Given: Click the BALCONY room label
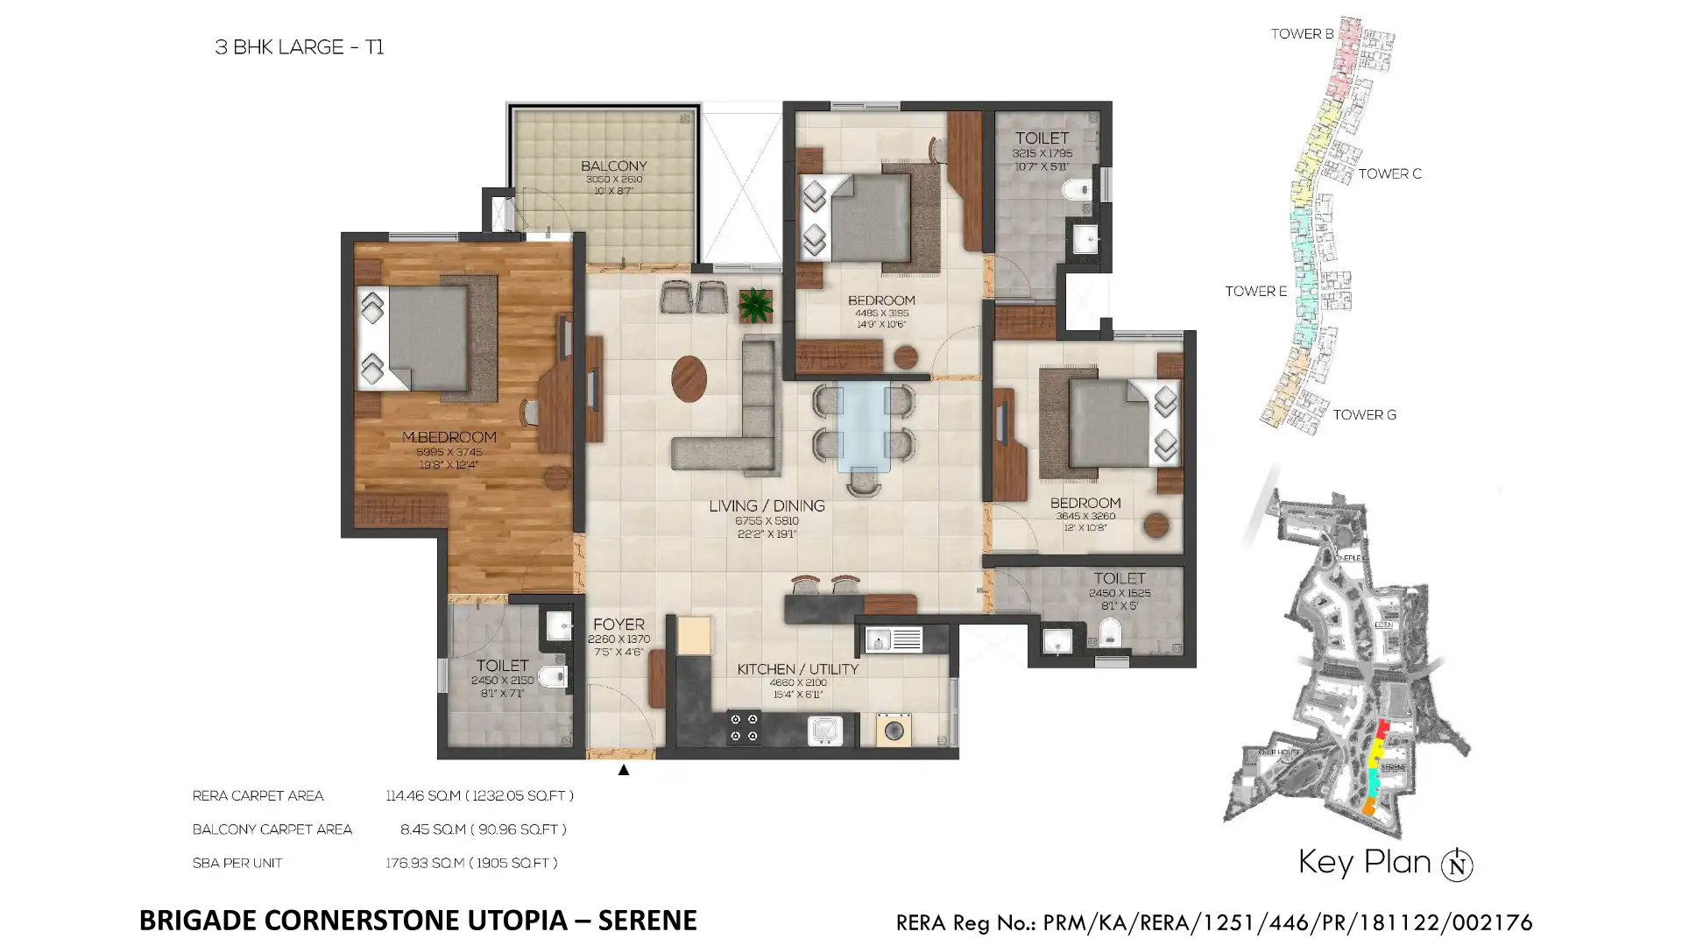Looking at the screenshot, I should click(613, 166).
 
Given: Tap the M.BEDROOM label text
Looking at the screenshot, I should click(449, 437).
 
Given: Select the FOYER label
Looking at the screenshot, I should click(618, 625).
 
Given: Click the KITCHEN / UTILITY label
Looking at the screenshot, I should click(797, 669).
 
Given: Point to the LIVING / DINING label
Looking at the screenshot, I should click(767, 506).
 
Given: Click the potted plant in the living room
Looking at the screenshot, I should click(755, 306).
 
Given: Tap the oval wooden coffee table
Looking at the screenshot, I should click(689, 378).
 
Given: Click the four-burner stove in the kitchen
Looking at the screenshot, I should click(745, 728).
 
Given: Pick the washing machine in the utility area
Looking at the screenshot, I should click(894, 730).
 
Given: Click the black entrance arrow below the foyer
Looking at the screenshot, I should click(623, 770).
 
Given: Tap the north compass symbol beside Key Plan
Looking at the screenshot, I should click(1457, 865).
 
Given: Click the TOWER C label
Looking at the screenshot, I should click(1389, 173).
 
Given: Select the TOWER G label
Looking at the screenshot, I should click(1364, 415).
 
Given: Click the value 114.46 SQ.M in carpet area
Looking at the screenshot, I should click(423, 796).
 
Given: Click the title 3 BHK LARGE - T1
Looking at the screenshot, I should click(299, 47).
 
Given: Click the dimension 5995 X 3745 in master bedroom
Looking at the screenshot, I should click(449, 452).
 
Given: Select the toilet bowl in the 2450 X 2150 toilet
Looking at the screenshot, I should click(552, 676).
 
